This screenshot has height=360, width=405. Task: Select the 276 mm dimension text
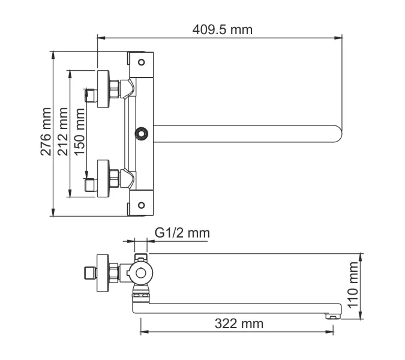(46, 133)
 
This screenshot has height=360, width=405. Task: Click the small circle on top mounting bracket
(142, 62)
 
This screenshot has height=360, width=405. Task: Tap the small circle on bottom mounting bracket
(142, 205)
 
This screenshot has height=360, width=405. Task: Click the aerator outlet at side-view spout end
(329, 314)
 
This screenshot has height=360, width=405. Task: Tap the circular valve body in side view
(141, 273)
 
